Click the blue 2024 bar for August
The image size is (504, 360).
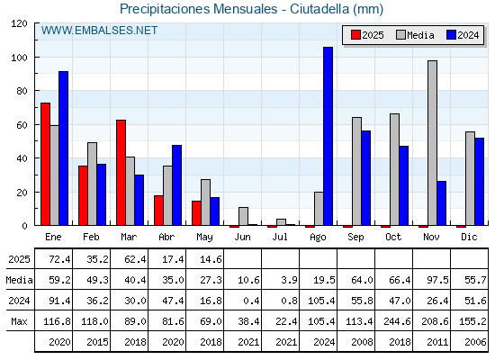(x=328, y=136)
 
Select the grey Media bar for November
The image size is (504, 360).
(x=432, y=143)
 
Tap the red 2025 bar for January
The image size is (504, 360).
(x=45, y=164)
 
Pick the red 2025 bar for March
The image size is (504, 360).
(x=121, y=173)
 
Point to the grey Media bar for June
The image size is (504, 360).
(x=243, y=216)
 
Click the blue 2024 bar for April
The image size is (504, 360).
(x=176, y=185)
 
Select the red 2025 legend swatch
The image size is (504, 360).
(x=355, y=35)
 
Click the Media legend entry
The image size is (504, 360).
(x=416, y=35)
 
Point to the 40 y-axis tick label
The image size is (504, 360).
(x=22, y=158)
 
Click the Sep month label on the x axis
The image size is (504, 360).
(x=355, y=238)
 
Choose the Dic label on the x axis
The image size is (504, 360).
(x=469, y=237)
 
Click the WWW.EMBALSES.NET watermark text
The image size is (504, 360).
(x=99, y=31)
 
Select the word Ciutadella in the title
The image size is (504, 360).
(x=319, y=9)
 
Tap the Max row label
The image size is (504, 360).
(x=19, y=321)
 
